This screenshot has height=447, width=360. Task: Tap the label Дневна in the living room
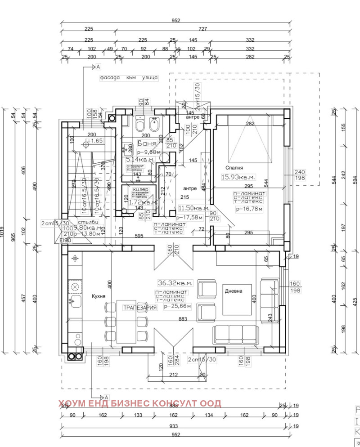(234, 291)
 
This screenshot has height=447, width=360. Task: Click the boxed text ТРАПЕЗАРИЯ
(140, 308)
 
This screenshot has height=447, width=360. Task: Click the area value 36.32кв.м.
(175, 283)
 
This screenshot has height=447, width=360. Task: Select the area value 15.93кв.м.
(238, 177)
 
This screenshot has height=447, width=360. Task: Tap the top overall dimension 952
(175, 21)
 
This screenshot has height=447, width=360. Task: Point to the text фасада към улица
(129, 77)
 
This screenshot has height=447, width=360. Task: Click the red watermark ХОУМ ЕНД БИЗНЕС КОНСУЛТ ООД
(140, 403)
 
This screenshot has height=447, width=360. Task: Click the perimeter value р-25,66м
(178, 306)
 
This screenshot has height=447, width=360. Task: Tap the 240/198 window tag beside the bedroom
(300, 174)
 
